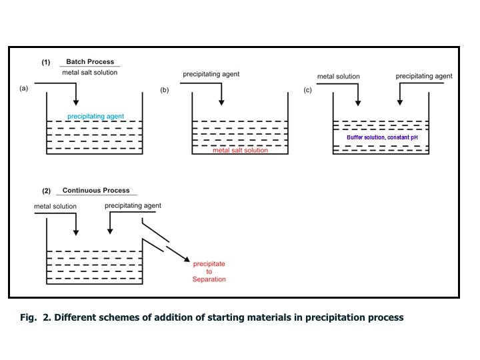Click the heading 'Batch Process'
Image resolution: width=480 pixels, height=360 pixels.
[90, 62]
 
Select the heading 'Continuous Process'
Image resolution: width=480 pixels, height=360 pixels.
[96, 191]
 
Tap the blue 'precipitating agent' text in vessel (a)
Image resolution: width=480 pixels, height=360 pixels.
[95, 116]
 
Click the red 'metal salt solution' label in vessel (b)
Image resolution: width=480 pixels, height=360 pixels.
[240, 151]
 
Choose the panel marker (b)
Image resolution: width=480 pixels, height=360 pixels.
[165, 90]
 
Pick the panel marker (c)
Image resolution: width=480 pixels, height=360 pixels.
[307, 90]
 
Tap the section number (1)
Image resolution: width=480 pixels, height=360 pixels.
[46, 62]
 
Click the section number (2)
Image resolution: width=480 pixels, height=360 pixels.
[46, 191]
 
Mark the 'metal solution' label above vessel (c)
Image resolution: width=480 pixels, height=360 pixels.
[338, 77]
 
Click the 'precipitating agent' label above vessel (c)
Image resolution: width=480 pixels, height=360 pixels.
[424, 77]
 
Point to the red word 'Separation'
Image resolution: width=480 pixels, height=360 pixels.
[209, 279]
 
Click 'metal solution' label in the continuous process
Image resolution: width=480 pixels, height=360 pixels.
[55, 207]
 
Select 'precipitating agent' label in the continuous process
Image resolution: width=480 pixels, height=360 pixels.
[133, 206]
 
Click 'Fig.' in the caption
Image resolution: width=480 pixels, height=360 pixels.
[29, 317]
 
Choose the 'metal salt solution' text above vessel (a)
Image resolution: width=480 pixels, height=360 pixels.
[90, 72]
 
